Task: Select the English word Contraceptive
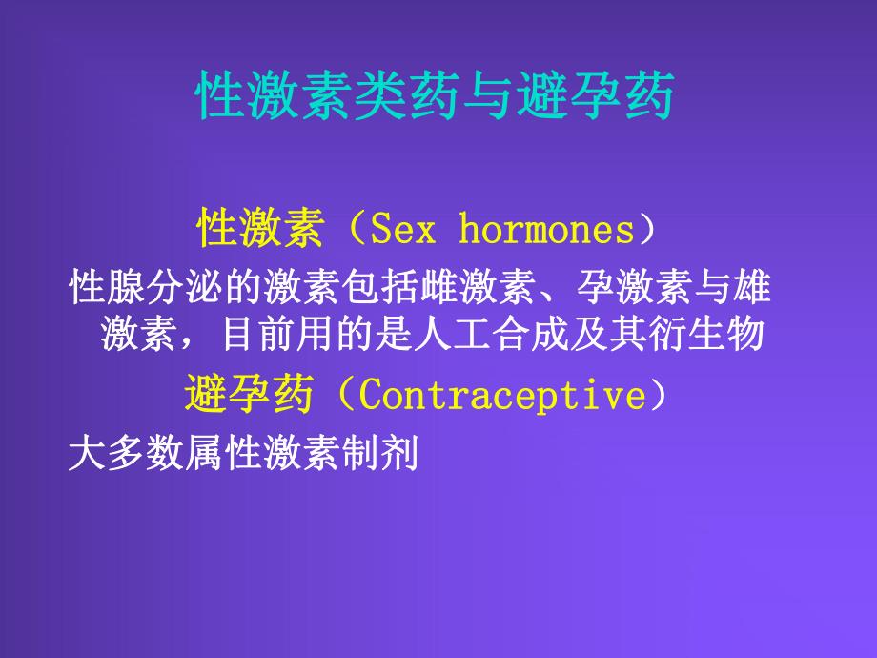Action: pyautogui.click(x=503, y=396)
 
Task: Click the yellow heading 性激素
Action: pyautogui.click(x=258, y=230)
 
